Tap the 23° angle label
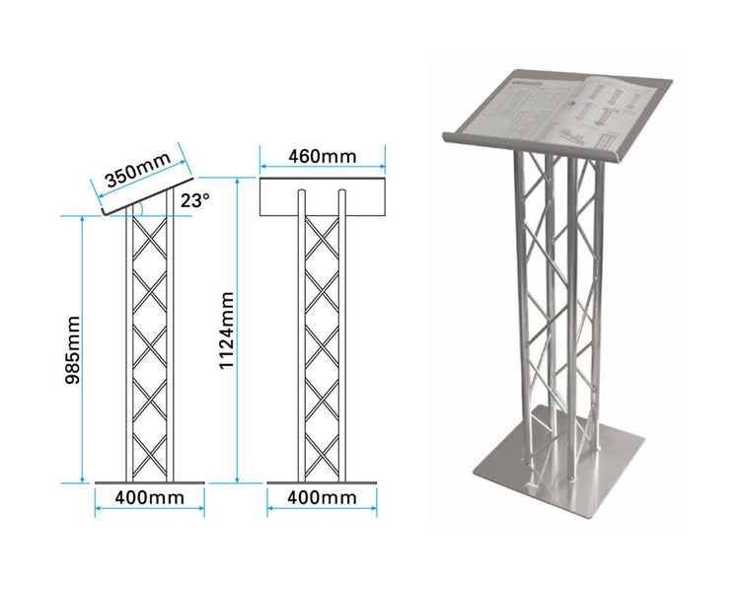point(195,200)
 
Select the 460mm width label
point(322,156)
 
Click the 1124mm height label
point(227,330)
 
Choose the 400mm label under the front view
point(322,498)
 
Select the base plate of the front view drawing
point(322,482)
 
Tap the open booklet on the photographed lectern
point(553,108)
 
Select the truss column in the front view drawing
point(322,345)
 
